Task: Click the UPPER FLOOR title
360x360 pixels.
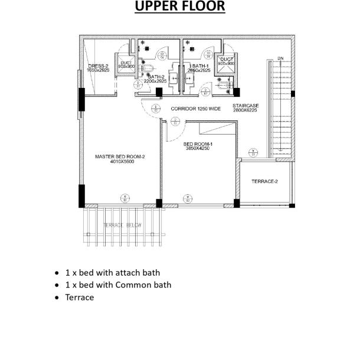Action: (180, 7)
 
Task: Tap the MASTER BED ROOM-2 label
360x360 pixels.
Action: (120, 156)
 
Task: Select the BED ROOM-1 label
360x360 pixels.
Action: (198, 144)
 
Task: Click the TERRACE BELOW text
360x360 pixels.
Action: (122, 225)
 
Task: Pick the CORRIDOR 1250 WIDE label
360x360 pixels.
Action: (195, 109)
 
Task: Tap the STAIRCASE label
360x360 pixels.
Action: (246, 106)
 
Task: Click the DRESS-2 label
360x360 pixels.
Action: (98, 66)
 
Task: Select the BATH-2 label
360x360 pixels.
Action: (156, 77)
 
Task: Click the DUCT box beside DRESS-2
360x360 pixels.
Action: (126, 65)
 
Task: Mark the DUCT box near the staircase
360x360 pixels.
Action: (227, 61)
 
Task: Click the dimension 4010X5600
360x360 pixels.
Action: (122, 162)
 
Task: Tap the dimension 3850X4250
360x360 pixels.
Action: (197, 149)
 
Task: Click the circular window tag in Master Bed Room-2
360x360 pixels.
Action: (125, 198)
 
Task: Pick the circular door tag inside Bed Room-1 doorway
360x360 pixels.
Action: (175, 121)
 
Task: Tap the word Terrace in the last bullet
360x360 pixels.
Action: (80, 297)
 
